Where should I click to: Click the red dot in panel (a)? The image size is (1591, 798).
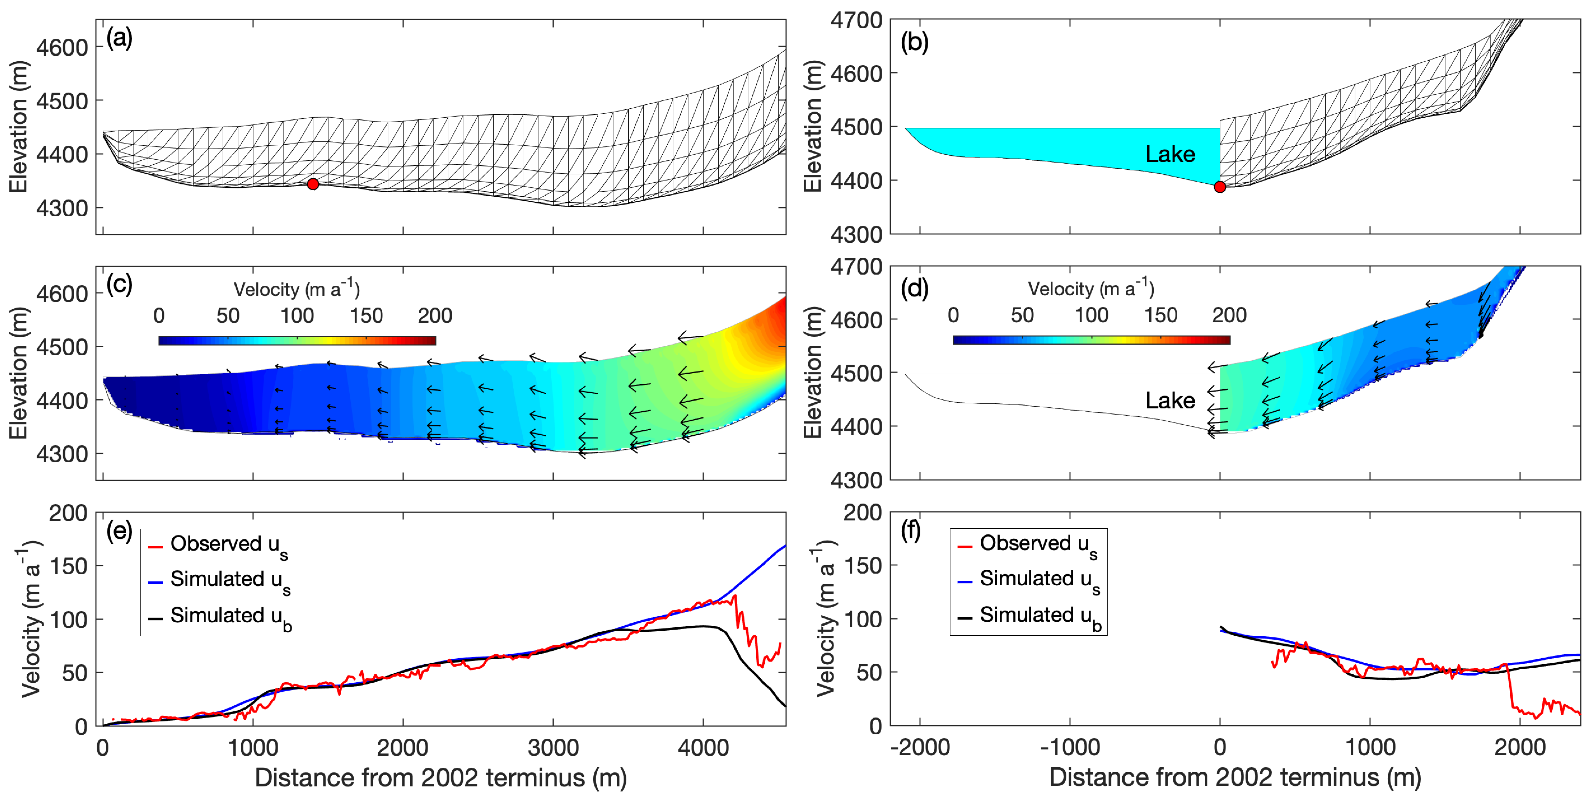pyautogui.click(x=313, y=184)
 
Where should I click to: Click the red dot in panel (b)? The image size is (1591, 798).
pyautogui.click(x=1220, y=187)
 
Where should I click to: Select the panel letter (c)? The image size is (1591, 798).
pyautogui.click(x=119, y=285)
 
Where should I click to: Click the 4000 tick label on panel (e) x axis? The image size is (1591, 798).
pyautogui.click(x=703, y=747)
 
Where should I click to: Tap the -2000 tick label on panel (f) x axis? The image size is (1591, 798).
pyautogui.click(x=920, y=747)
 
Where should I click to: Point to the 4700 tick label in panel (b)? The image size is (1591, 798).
pyautogui.click(x=856, y=20)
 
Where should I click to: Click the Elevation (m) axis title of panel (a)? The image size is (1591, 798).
pyautogui.click(x=18, y=127)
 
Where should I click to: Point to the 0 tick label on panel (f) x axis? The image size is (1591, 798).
pyautogui.click(x=1220, y=747)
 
